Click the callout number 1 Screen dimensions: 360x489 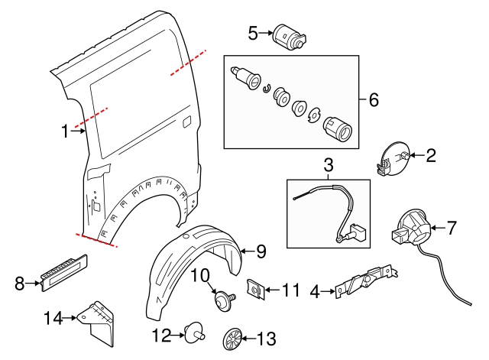coord(66,131)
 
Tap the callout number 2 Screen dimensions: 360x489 coord(431,157)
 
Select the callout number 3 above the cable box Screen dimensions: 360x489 coord(329,165)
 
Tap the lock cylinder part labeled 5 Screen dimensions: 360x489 coord(290,36)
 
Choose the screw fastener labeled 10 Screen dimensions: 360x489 coord(225,299)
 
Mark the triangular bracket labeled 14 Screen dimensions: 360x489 coord(98,322)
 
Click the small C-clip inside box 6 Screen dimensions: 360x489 coord(267,89)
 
